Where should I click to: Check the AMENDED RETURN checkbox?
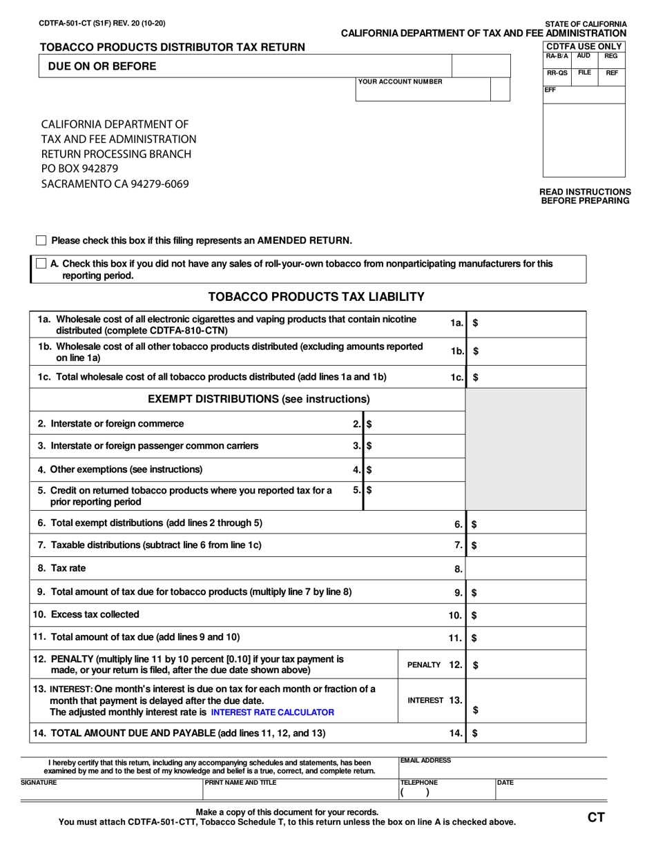pyautogui.click(x=41, y=240)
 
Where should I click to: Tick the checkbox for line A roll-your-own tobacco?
pyautogui.click(x=41, y=263)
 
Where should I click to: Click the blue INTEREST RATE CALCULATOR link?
pyautogui.click(x=273, y=712)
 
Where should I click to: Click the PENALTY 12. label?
pyautogui.click(x=434, y=665)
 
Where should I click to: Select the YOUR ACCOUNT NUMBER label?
pyautogui.click(x=400, y=81)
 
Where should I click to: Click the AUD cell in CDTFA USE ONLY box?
pyautogui.click(x=583, y=55)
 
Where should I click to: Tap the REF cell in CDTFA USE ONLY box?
pyautogui.click(x=611, y=72)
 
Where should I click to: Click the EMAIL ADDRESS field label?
pyautogui.click(x=426, y=760)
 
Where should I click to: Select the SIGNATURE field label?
pyautogui.click(x=39, y=782)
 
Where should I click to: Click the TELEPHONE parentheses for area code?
pyautogui.click(x=414, y=793)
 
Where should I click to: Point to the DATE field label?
pyautogui.click(x=506, y=782)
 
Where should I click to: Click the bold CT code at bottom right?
pyautogui.click(x=596, y=818)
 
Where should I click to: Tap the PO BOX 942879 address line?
pyautogui.click(x=80, y=169)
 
